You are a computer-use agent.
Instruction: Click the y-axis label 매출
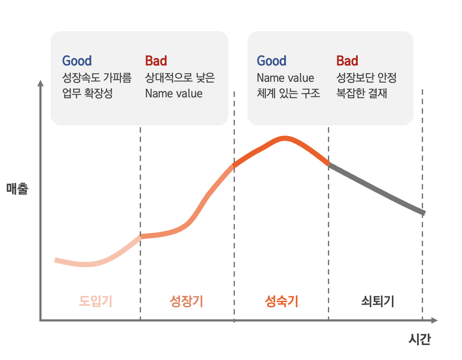(17, 189)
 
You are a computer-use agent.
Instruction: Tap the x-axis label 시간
(419, 339)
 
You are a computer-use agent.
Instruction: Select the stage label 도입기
(96, 301)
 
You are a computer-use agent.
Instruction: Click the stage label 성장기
(186, 301)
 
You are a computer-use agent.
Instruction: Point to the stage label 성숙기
(281, 301)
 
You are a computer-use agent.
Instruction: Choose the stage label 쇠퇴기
(378, 301)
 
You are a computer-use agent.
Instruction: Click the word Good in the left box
(77, 61)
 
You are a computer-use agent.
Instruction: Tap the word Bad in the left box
(156, 61)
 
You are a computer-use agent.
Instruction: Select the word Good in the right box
(272, 61)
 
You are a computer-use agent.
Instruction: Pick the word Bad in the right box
(347, 61)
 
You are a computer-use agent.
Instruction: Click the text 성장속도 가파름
(96, 78)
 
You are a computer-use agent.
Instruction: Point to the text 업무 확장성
(87, 93)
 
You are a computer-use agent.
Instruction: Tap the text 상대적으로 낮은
(180, 78)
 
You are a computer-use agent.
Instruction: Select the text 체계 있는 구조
(289, 93)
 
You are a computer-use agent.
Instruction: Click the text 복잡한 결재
(362, 93)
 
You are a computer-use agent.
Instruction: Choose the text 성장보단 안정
(366, 78)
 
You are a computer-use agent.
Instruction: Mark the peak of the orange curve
(285, 138)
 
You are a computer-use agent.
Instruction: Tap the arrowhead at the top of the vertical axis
(41, 83)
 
